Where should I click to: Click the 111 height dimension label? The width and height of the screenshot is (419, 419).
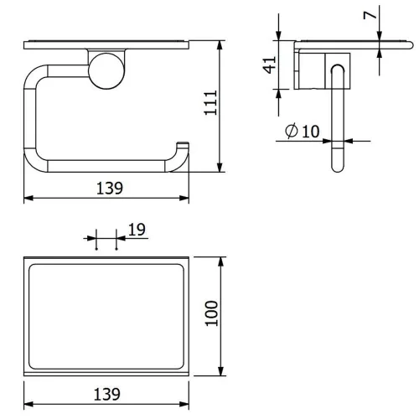(x=211, y=102)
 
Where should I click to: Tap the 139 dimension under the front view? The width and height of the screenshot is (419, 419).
(x=110, y=189)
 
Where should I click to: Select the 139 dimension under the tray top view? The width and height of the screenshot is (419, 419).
(x=107, y=394)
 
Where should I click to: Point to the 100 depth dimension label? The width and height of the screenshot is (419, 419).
(x=211, y=313)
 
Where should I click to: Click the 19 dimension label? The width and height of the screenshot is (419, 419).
(x=137, y=230)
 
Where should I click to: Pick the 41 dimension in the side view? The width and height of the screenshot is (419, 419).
(x=270, y=65)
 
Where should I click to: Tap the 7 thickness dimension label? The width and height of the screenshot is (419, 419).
(x=370, y=15)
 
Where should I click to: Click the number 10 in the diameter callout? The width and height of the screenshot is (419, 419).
(x=310, y=131)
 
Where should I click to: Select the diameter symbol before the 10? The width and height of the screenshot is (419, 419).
(x=292, y=131)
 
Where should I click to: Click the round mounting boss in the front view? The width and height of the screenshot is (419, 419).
(x=106, y=71)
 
